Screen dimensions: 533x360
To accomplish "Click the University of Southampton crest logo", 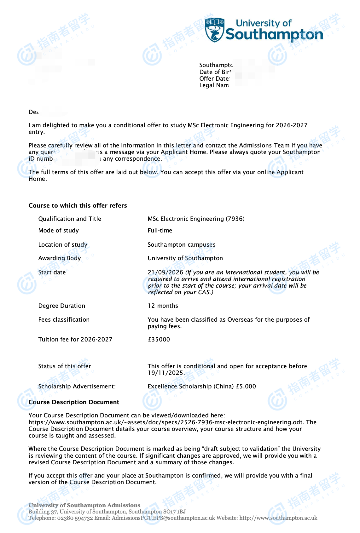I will [215, 30].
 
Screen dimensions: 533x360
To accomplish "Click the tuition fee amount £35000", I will [159, 339].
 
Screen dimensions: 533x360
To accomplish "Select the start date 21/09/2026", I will [165, 272].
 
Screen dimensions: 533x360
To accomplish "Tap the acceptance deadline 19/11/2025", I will [165, 373].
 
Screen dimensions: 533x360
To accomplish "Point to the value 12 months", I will [163, 306].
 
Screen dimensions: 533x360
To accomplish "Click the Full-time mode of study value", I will [160, 230].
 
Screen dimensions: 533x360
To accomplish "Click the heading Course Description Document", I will [74, 402].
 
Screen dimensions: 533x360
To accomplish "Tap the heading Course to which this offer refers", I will [78, 205].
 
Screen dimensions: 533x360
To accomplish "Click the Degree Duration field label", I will [61, 306].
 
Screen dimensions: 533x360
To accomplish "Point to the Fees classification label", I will [64, 319].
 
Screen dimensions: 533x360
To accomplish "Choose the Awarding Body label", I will [59, 258].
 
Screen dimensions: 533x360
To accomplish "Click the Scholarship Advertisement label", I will [77, 386].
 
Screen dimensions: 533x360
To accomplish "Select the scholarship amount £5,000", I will [246, 386].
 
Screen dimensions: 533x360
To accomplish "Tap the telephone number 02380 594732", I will [75, 518].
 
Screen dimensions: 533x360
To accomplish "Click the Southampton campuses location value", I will [181, 244].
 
